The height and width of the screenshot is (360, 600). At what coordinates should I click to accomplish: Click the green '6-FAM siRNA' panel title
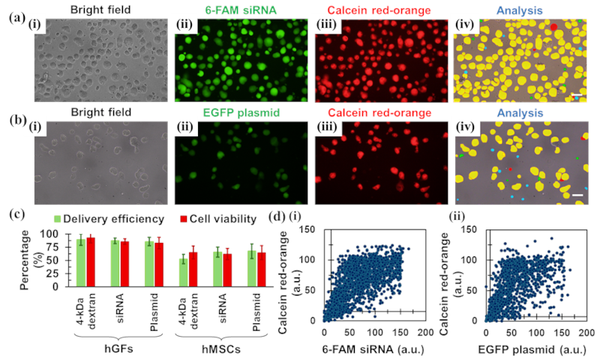[x=237, y=9]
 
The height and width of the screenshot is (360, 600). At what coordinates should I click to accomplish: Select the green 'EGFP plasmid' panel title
[x=238, y=114]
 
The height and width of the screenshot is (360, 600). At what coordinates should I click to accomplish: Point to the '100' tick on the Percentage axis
[x=52, y=235]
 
